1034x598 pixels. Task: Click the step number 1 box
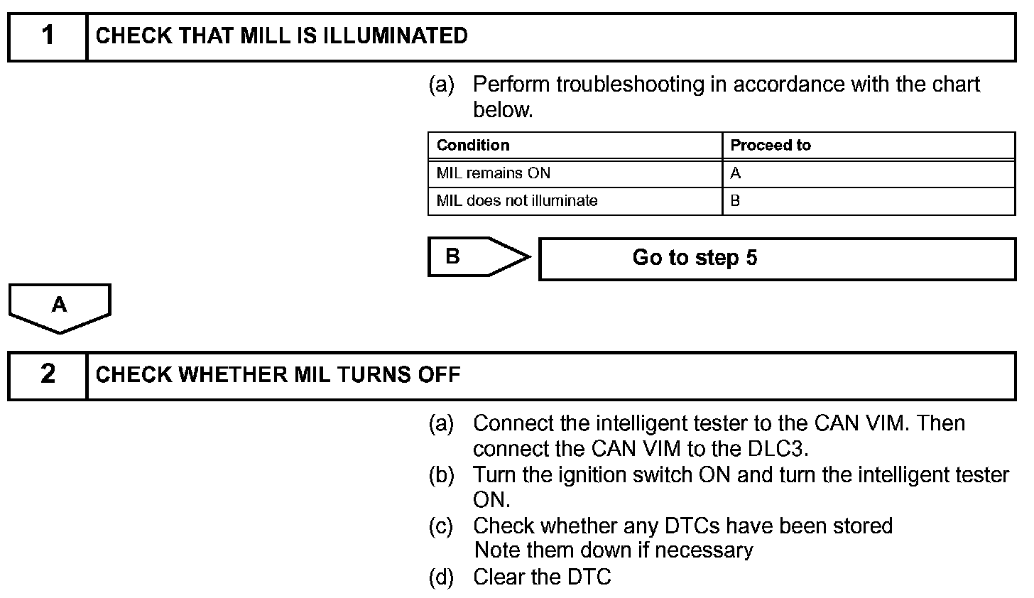[x=48, y=36]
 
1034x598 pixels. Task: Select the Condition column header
[x=473, y=146]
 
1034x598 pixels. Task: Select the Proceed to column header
[x=771, y=146]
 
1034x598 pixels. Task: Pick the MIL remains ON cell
[x=494, y=173]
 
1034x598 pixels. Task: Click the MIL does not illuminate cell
[x=517, y=201]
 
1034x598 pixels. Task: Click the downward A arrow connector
[x=60, y=307]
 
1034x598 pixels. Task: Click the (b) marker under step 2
[x=441, y=475]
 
